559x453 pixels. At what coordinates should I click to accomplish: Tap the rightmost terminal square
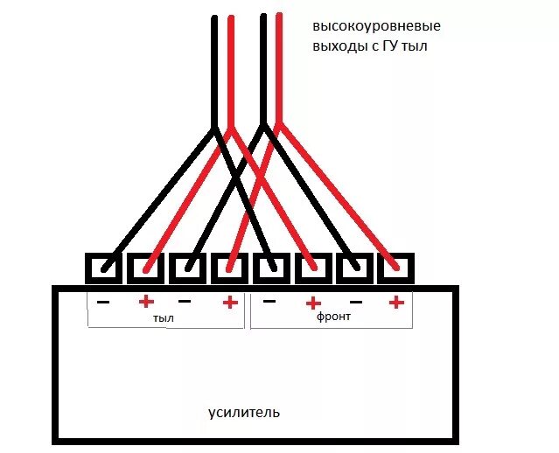point(395,268)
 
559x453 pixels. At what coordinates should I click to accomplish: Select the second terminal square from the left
point(146,268)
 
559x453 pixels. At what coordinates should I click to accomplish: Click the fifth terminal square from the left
point(271,268)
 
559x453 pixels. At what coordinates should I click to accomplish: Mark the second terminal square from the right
point(354,268)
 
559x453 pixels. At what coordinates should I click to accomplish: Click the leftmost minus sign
point(103,302)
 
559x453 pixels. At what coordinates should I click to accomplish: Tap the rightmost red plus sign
point(395,302)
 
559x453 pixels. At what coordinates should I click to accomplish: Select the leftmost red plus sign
point(145,302)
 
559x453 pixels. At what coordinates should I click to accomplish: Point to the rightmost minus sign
point(355,302)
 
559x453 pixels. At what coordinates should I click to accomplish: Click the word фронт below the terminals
point(334,317)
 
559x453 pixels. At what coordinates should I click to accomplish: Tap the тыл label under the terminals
point(163,318)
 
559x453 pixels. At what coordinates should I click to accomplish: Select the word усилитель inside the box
point(245,411)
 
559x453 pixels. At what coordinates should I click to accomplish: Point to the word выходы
point(336,45)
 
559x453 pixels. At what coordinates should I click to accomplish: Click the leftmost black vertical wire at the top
point(214,70)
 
